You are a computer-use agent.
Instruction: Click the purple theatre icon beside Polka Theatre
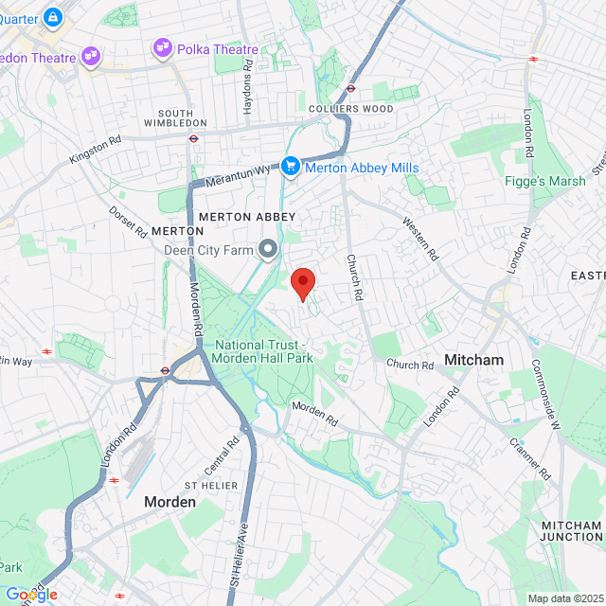(x=162, y=46)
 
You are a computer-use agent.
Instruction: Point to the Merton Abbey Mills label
(x=361, y=168)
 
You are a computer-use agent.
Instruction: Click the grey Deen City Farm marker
(x=268, y=249)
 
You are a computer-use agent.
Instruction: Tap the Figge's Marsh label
(x=545, y=181)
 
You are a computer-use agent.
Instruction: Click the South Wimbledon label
(x=176, y=117)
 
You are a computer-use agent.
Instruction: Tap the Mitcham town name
(x=473, y=360)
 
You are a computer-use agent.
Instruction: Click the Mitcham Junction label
(x=571, y=531)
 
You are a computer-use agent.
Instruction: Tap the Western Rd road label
(x=421, y=240)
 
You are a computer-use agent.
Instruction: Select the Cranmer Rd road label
(x=529, y=457)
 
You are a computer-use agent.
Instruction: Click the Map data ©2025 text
(x=564, y=597)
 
